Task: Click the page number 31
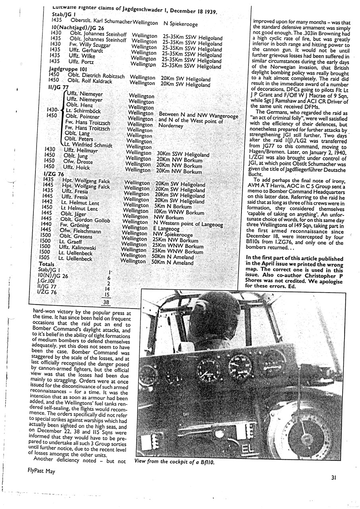pos(333,479)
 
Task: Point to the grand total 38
pos(106,302)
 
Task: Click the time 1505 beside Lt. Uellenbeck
pos(45,258)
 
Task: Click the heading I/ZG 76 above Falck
pos(55,174)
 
